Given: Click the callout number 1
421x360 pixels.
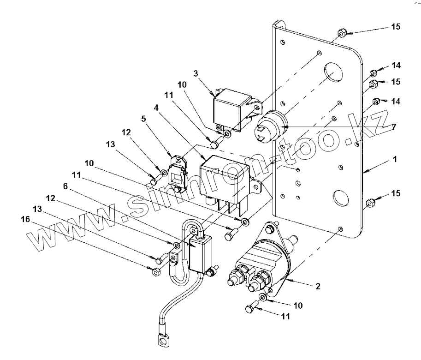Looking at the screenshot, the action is (x=395, y=159).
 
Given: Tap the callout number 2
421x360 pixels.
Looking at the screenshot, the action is (x=318, y=287).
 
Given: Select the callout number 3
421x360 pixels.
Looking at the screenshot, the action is (x=196, y=73).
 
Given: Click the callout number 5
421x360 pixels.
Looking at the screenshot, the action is (x=144, y=119).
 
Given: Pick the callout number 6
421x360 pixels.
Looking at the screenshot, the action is (x=65, y=186).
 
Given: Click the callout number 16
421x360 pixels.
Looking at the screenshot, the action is (x=25, y=220).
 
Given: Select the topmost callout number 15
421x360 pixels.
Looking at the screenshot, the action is (x=396, y=27).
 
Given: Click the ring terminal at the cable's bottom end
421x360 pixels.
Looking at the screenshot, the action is (x=163, y=341).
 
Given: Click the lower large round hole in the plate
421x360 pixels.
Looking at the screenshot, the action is (x=341, y=198).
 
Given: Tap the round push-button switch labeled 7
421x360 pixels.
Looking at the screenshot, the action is (x=270, y=126).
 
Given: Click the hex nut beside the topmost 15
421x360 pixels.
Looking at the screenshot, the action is (x=341, y=33).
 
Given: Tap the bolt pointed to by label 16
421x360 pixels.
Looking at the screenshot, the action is (x=155, y=271).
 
